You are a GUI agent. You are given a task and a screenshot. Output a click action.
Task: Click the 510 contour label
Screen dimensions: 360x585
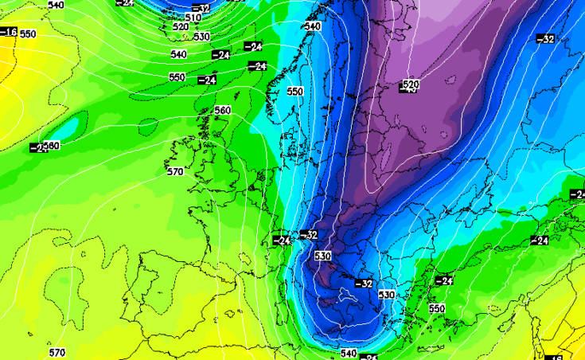click(x=193, y=18)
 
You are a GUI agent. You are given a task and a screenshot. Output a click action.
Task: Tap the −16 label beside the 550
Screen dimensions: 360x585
click(x=8, y=32)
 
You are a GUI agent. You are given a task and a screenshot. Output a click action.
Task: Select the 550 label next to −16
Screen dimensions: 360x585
click(x=28, y=34)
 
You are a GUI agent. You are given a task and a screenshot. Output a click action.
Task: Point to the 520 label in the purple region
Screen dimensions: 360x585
click(x=411, y=84)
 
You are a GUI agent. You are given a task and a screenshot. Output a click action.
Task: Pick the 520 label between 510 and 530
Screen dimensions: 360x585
click(x=180, y=27)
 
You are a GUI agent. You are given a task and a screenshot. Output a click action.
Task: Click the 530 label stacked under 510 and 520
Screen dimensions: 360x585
click(x=201, y=37)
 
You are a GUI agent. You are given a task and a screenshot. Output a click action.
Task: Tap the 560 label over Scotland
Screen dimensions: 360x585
click(x=223, y=110)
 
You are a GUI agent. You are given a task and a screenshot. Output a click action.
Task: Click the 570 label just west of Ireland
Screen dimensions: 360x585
click(x=175, y=170)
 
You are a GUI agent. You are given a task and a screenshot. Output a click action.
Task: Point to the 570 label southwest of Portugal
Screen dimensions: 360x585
click(x=57, y=352)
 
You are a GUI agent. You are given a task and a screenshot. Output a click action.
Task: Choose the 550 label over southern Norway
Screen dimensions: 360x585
click(x=295, y=92)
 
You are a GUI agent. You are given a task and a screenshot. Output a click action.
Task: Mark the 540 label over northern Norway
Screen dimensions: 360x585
click(x=312, y=26)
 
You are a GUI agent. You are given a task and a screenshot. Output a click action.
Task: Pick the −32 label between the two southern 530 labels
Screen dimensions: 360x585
click(x=363, y=283)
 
